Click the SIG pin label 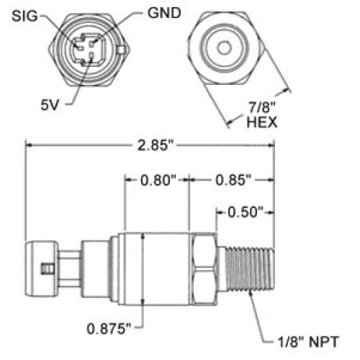tap(24, 17)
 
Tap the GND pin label tap(164, 13)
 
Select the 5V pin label tap(50, 105)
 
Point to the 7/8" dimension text tap(261, 107)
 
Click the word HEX tap(262, 122)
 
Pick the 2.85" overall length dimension tap(155, 145)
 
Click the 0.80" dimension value tap(158, 180)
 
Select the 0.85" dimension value tap(233, 180)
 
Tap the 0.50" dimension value tap(246, 212)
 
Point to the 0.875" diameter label tap(109, 328)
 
